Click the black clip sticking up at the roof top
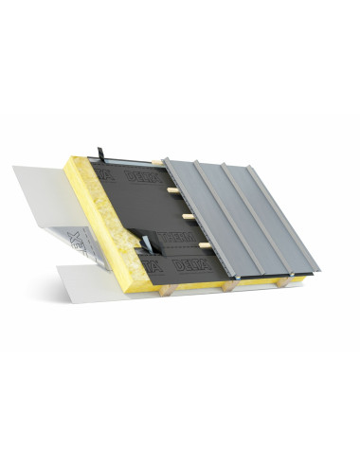(x=99, y=153)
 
